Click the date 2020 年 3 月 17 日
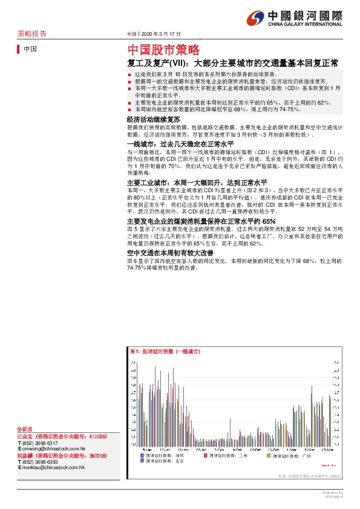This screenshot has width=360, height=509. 163,34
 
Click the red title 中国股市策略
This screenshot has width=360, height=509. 163,50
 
